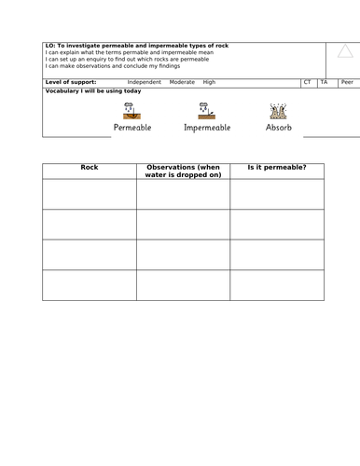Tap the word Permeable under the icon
pyautogui.click(x=132, y=127)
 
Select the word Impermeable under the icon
pyautogui.click(x=207, y=127)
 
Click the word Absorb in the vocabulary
pyautogui.click(x=278, y=127)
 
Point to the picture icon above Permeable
pyautogui.click(x=131, y=109)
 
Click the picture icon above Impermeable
pyautogui.click(x=205, y=109)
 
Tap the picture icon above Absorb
pyautogui.click(x=277, y=110)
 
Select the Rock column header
pyautogui.click(x=90, y=168)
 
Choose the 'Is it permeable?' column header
pyautogui.click(x=276, y=168)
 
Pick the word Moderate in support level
pyautogui.click(x=182, y=82)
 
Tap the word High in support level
pyautogui.click(x=209, y=82)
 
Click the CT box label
pyautogui.click(x=308, y=82)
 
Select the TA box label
pyautogui.click(x=324, y=82)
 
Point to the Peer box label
pyautogui.click(x=346, y=82)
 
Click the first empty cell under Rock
pyautogui.click(x=90, y=194)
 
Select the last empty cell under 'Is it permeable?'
pyautogui.click(x=276, y=285)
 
